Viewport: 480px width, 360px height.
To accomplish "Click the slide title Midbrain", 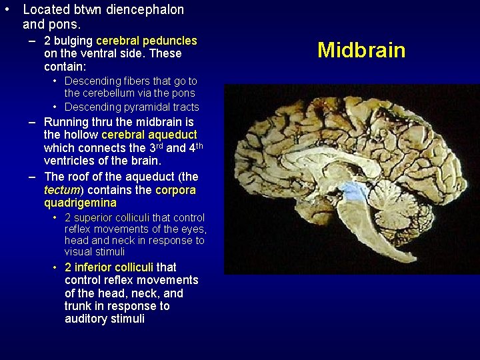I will pyautogui.click(x=361, y=50).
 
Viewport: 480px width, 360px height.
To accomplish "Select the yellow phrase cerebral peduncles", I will pyautogui.click(x=147, y=41).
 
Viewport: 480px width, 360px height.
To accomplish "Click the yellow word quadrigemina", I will pyautogui.click(x=80, y=203).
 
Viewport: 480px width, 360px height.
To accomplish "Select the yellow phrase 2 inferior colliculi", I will pyautogui.click(x=109, y=267).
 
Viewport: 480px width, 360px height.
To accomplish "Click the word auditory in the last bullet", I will pyautogui.click(x=85, y=319).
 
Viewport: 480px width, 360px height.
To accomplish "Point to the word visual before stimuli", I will pyautogui.click(x=79, y=252).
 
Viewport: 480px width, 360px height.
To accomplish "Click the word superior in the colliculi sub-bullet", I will pyautogui.click(x=96, y=218).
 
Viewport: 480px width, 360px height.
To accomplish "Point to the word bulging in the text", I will pyautogui.click(x=73, y=41).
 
